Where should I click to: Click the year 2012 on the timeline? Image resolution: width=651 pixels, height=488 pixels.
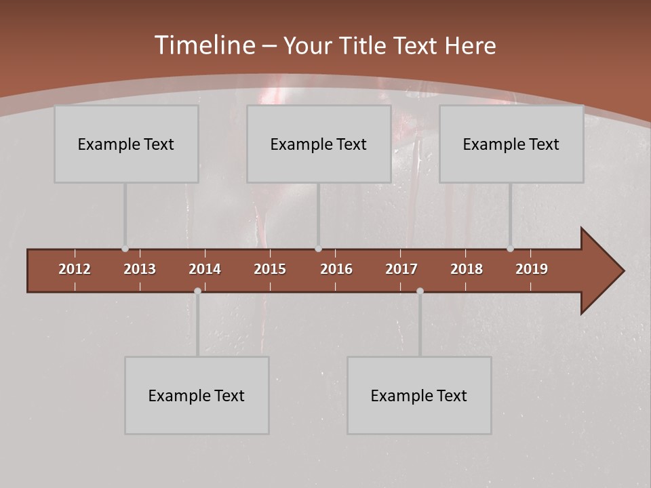tap(75, 269)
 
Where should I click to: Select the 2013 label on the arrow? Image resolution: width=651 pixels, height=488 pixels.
tap(140, 269)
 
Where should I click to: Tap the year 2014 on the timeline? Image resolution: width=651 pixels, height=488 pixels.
tap(205, 269)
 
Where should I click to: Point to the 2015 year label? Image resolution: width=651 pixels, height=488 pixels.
tap(270, 269)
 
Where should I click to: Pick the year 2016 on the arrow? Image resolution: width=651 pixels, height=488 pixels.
tap(336, 269)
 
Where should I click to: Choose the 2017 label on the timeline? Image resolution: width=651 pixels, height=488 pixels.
tap(401, 269)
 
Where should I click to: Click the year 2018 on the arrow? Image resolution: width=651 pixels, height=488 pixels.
tap(467, 269)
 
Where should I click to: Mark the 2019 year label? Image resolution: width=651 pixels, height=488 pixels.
tap(532, 269)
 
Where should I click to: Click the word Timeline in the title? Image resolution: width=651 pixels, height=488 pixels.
tap(204, 45)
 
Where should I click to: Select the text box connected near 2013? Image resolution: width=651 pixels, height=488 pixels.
tap(126, 144)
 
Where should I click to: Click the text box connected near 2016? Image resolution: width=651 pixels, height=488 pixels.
tap(319, 144)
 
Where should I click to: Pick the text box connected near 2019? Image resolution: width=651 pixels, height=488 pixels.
tap(511, 144)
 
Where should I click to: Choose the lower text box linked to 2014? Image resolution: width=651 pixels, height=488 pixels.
tap(197, 395)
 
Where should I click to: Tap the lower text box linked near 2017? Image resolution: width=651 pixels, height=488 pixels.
tap(419, 395)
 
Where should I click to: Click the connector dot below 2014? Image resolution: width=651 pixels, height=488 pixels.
tap(197, 291)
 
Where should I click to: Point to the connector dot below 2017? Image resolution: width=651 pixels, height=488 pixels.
tap(420, 291)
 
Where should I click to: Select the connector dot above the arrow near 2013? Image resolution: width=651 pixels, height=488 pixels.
tap(125, 249)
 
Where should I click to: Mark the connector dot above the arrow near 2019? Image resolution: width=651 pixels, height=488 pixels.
tap(510, 249)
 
